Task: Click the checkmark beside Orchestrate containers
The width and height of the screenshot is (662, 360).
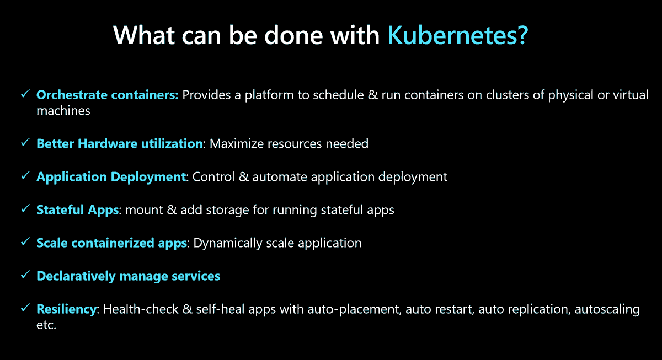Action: pos(25,95)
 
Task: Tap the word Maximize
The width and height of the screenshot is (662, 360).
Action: pos(236,144)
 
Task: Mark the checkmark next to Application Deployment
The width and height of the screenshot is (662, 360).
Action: pos(25,176)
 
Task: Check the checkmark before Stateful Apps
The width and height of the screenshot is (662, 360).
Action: pos(25,209)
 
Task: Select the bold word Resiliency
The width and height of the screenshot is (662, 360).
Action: pos(66,309)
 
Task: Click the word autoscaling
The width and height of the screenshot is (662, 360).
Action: pos(607,309)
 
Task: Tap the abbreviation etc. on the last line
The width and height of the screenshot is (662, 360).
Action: pos(46,325)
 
